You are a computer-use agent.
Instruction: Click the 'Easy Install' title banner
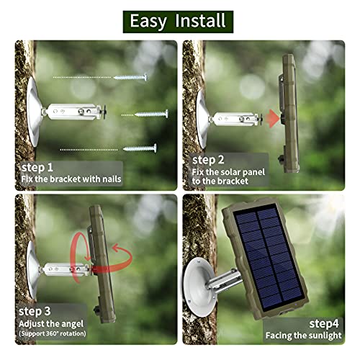178,22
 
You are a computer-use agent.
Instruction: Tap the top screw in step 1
130,77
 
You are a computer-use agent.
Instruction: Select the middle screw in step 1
151,114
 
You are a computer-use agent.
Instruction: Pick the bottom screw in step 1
140,148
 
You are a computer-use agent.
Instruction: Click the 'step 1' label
37,168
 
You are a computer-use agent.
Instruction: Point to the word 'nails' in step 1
112,179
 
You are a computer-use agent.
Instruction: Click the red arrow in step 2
274,118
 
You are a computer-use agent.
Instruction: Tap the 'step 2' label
208,160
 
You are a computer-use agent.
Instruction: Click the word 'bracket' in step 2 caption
233,181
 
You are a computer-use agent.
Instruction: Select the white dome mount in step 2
202,119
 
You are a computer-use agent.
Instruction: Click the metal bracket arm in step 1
74,112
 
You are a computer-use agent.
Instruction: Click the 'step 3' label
35,312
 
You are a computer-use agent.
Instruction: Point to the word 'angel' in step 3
71,324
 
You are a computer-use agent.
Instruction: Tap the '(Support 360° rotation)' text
53,333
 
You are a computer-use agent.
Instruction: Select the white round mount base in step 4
198,287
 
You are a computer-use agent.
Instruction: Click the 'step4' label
324,324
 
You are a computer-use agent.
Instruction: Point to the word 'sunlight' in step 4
326,336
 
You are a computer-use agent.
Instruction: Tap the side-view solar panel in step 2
289,113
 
